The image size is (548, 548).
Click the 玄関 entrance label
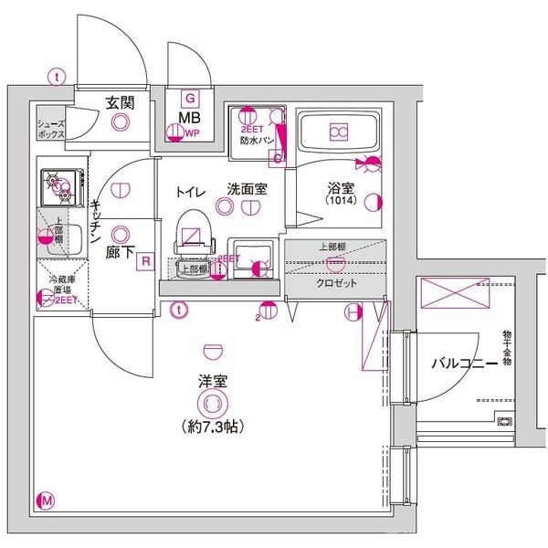coord(120,102)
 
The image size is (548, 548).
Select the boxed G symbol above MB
coord(190,98)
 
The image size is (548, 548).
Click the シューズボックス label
coord(51,128)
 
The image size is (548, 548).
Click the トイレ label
coord(191,191)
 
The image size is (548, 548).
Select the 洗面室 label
coord(247,190)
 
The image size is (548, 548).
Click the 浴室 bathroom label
coord(341,189)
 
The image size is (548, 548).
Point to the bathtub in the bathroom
coord(338,133)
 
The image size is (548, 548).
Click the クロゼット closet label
coord(336,282)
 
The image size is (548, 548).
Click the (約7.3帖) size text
coord(212,425)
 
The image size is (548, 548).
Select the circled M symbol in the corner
coord(46,500)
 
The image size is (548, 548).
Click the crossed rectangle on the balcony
coord(455,295)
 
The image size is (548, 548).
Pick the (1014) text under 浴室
coord(341,203)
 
